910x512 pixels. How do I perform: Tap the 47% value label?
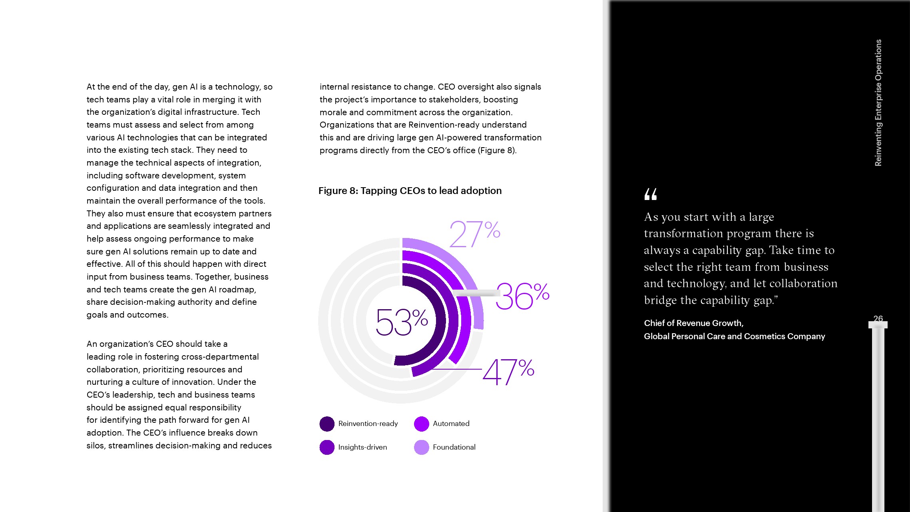click(x=508, y=372)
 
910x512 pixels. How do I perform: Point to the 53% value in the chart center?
click(x=401, y=322)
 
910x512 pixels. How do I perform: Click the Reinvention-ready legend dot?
click(x=327, y=424)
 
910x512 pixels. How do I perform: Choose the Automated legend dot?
click(x=421, y=424)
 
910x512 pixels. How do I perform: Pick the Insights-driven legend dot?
click(x=327, y=447)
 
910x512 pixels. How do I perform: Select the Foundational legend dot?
click(x=421, y=447)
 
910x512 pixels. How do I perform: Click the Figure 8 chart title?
click(x=410, y=191)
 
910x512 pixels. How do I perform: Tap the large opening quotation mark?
click(x=650, y=194)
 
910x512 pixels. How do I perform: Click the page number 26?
click(x=878, y=318)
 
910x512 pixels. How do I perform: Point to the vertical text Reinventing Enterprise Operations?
click(x=878, y=102)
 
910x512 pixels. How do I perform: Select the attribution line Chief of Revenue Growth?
click(x=693, y=323)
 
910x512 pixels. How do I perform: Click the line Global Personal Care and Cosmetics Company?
click(x=734, y=336)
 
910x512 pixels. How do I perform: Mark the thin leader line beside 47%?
click(x=458, y=369)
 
